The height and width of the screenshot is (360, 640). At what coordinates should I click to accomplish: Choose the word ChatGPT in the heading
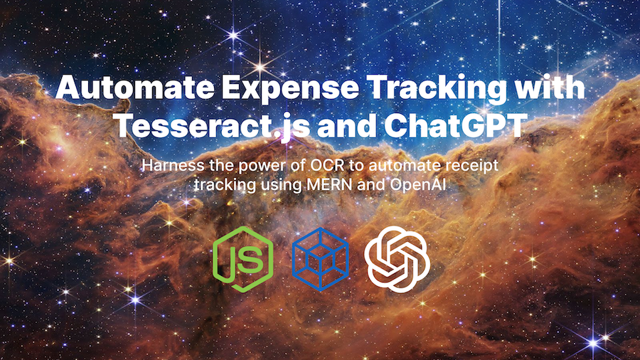pyautogui.click(x=453, y=125)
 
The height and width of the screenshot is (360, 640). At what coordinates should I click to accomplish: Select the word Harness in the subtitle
pyautogui.click(x=173, y=165)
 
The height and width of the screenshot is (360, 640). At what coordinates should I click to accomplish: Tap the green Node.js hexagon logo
pyautogui.click(x=242, y=259)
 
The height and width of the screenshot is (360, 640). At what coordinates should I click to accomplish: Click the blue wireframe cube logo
pyautogui.click(x=321, y=259)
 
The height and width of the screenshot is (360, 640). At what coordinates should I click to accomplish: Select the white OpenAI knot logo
pyautogui.click(x=397, y=259)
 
